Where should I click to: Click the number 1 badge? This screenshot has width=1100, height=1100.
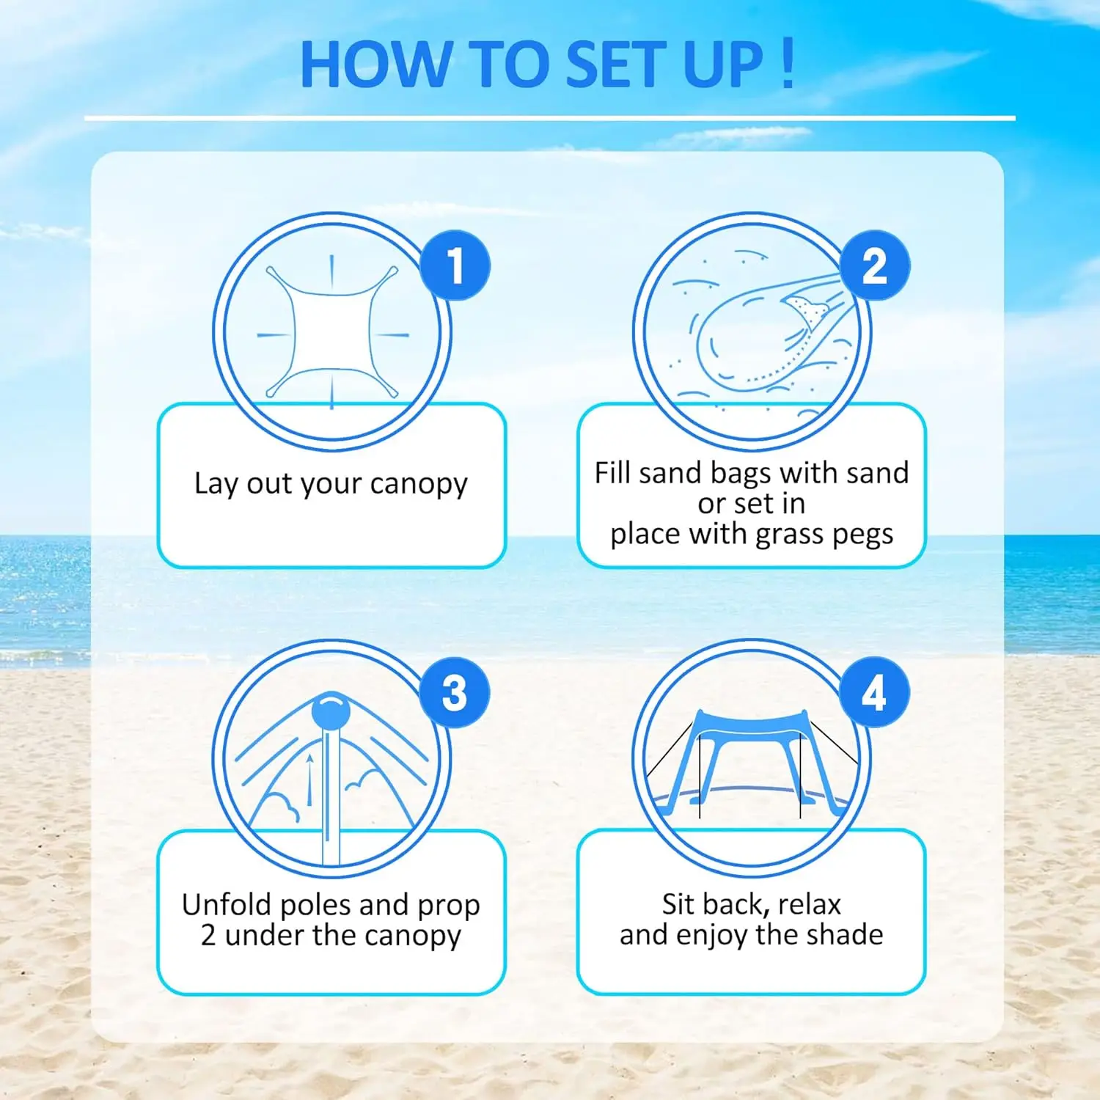(x=455, y=265)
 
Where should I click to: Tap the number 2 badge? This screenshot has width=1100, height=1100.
(x=875, y=265)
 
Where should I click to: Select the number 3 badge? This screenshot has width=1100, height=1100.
(x=455, y=693)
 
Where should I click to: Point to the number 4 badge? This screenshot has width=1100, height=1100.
(x=874, y=693)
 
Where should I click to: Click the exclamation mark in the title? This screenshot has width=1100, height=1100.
(x=788, y=64)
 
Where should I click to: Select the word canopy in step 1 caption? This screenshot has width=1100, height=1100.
(x=419, y=484)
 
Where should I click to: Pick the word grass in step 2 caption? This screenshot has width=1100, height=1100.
(x=788, y=535)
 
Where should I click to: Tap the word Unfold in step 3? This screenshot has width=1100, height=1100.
(x=227, y=905)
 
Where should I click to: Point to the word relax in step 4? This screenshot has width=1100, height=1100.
(x=809, y=904)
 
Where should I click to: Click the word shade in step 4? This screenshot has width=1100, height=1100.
(x=848, y=935)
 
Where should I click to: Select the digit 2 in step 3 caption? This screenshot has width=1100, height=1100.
(x=208, y=936)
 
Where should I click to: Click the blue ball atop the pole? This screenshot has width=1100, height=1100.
(x=331, y=711)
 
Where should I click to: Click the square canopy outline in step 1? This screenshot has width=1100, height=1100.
(x=331, y=331)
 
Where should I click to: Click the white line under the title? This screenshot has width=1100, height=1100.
(x=550, y=118)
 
